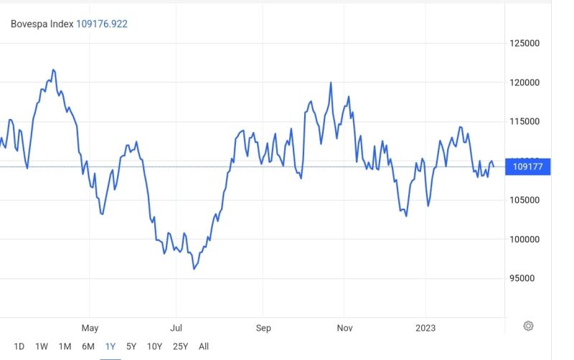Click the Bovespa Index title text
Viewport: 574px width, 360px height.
(42, 24)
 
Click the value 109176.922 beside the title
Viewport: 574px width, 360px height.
(102, 24)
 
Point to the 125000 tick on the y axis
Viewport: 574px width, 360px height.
(524, 43)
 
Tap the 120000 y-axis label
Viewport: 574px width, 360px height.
(524, 82)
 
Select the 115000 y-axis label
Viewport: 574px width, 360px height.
(524, 121)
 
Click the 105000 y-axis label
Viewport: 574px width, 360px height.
(524, 200)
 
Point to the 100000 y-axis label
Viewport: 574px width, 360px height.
(524, 239)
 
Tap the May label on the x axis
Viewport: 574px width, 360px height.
(90, 328)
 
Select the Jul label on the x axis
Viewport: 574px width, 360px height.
(176, 328)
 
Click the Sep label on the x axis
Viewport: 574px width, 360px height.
(263, 328)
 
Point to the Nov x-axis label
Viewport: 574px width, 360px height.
(345, 328)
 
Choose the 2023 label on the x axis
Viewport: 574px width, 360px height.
(425, 328)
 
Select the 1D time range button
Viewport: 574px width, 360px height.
(19, 346)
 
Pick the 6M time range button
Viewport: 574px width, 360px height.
(88, 346)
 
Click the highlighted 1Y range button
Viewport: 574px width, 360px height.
(110, 346)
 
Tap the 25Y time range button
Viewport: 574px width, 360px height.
(180, 346)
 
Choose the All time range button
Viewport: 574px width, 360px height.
(204, 346)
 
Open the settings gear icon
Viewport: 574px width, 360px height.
(528, 326)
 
